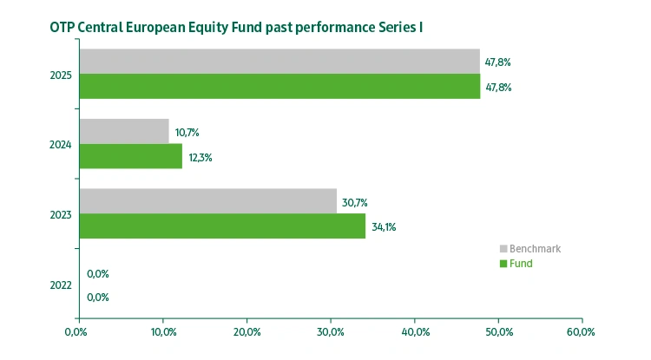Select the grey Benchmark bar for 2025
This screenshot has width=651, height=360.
coord(279,61)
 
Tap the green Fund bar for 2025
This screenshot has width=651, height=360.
coord(279,86)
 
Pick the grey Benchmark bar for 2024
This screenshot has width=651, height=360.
coord(123,131)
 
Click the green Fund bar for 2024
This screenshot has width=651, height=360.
coord(130,156)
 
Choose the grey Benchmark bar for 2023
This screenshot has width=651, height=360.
coord(207,201)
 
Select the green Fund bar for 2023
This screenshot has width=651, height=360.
coord(221,226)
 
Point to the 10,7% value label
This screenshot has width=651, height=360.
coord(187,133)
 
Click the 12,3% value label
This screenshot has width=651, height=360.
coord(200,158)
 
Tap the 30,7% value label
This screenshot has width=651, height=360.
coord(354,203)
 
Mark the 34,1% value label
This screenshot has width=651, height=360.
coord(384,228)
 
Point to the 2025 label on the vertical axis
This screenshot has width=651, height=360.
coord(62,75)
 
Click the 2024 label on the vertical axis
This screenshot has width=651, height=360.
coord(62,145)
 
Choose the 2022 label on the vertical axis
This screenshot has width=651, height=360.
coord(62,285)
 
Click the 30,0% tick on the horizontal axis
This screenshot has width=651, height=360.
coord(331,331)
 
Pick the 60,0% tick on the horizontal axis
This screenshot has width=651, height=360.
coord(581,331)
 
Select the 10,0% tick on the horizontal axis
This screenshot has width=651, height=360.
coord(162,331)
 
